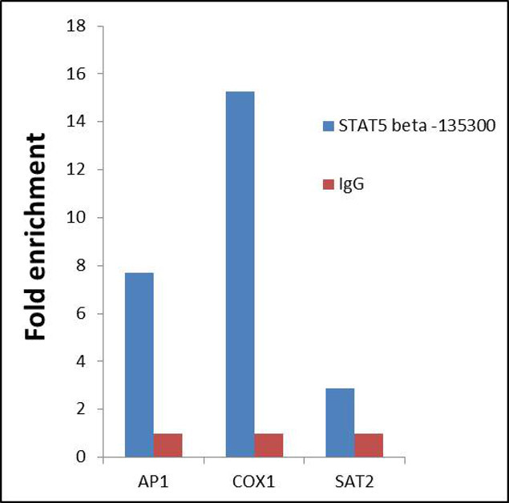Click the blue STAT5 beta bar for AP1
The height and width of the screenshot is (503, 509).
(139, 365)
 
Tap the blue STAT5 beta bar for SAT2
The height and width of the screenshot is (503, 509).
(340, 422)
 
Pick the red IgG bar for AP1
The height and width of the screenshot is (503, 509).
(168, 445)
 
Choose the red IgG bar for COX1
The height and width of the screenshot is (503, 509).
(269, 445)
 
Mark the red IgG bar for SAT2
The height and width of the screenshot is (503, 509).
(369, 445)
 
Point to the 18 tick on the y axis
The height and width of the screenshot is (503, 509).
(78, 26)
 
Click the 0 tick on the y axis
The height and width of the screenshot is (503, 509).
(82, 457)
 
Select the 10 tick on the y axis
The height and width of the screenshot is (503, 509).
(78, 218)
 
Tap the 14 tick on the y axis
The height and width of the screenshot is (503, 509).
(78, 122)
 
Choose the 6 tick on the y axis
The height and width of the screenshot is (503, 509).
(82, 313)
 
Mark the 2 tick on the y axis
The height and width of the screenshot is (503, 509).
(82, 409)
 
